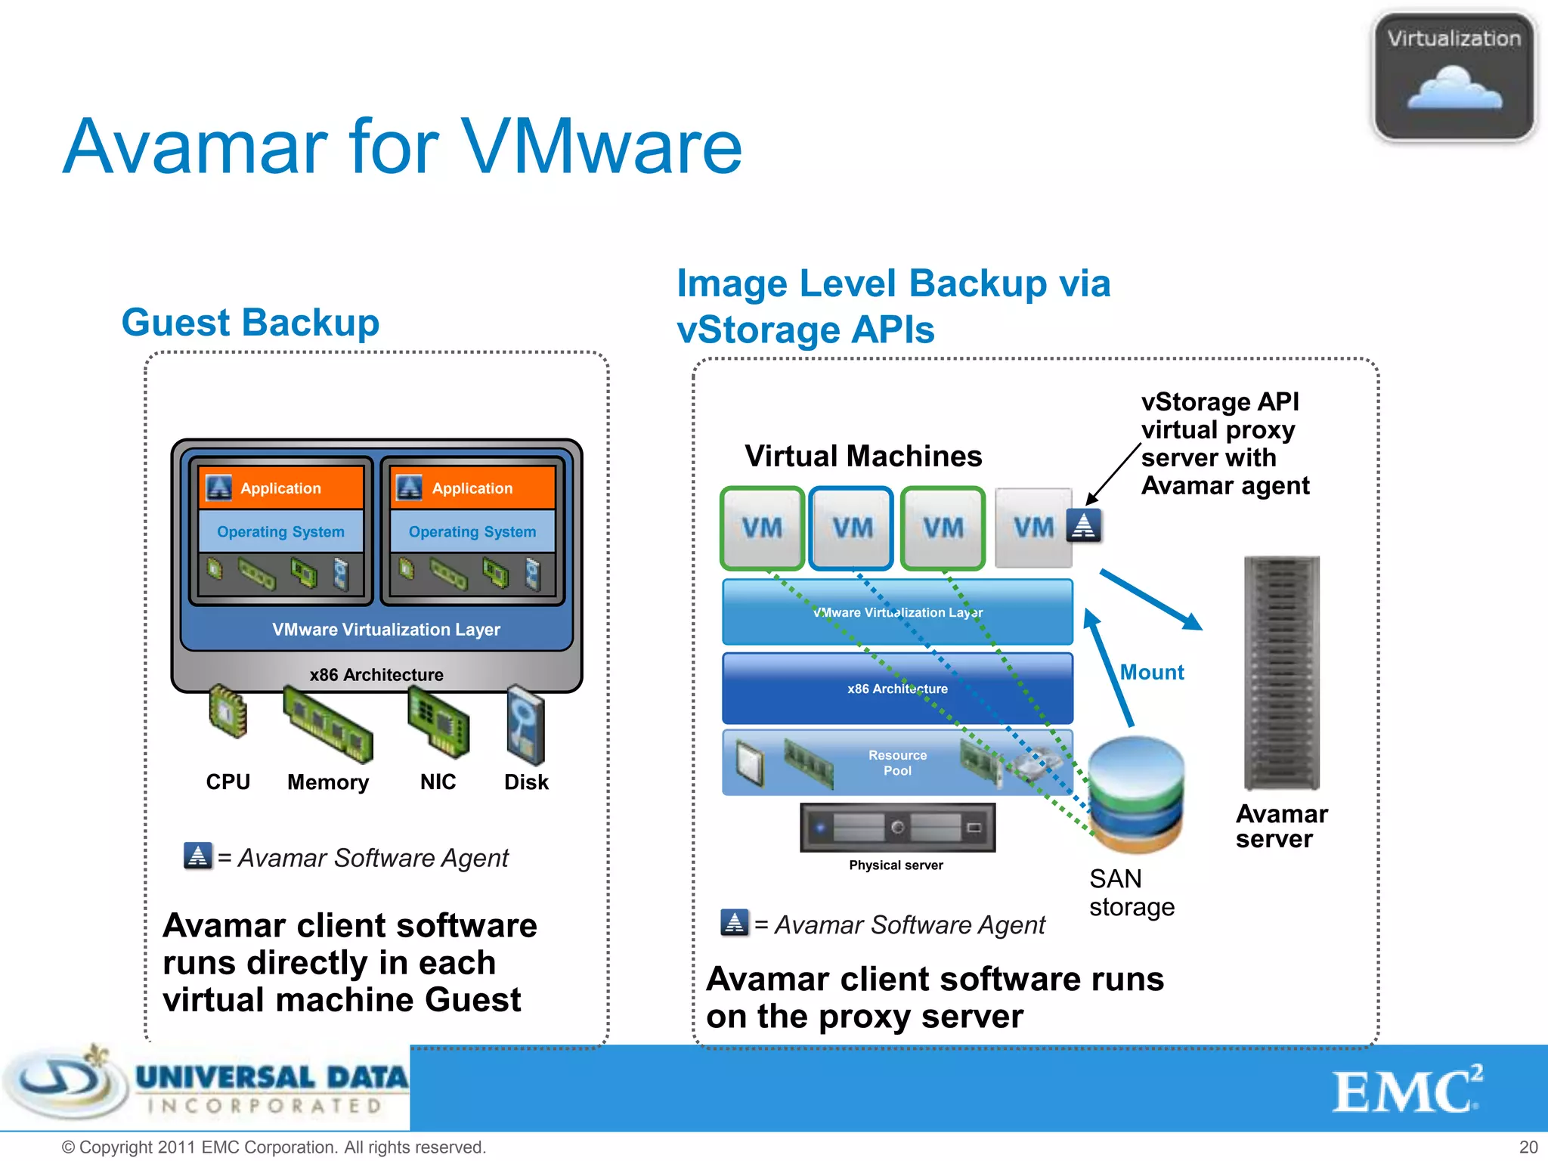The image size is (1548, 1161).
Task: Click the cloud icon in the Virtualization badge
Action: pos(1454,89)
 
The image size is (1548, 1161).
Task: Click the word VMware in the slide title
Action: pos(602,147)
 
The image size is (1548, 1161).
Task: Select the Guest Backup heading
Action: pos(250,323)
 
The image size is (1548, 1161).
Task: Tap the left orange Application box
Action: pos(281,488)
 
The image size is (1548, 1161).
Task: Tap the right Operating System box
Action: pos(472,531)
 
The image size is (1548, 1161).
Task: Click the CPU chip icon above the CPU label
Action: pos(228,711)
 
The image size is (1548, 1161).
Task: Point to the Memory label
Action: pos(328,782)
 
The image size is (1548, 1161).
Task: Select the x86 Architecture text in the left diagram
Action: pos(376,675)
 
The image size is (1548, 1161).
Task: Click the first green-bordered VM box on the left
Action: pos(761,528)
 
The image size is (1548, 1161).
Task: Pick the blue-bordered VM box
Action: pos(852,528)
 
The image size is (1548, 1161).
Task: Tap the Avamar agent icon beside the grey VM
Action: pos(1084,525)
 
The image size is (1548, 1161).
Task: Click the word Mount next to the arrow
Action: pos(1151,672)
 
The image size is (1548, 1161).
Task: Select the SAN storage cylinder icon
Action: pos(1136,795)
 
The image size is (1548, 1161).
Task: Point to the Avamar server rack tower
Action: pos(1281,673)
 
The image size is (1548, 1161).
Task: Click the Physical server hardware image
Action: pos(897,828)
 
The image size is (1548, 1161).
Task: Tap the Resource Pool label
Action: pos(897,763)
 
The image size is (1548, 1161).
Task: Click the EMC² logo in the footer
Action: pos(1406,1090)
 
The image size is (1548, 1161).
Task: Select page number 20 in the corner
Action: pos(1528,1147)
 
